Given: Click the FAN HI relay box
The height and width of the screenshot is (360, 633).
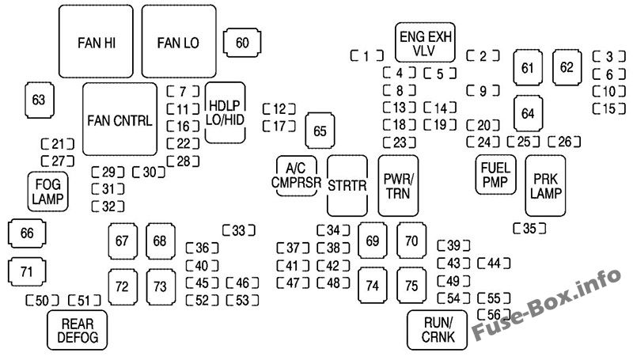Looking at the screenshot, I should click(97, 41).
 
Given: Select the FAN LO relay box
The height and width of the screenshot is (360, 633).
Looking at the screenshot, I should click(178, 41).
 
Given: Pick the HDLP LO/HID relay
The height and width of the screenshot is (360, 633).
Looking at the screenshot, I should click(224, 112).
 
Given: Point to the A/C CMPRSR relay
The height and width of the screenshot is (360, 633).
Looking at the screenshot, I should click(296, 174).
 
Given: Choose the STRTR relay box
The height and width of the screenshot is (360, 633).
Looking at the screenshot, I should click(348, 185).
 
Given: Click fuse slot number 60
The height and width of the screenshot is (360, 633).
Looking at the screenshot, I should click(242, 43).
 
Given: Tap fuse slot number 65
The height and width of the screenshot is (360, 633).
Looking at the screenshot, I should click(320, 131).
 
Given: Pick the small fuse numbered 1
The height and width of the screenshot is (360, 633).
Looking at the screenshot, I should click(367, 55).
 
